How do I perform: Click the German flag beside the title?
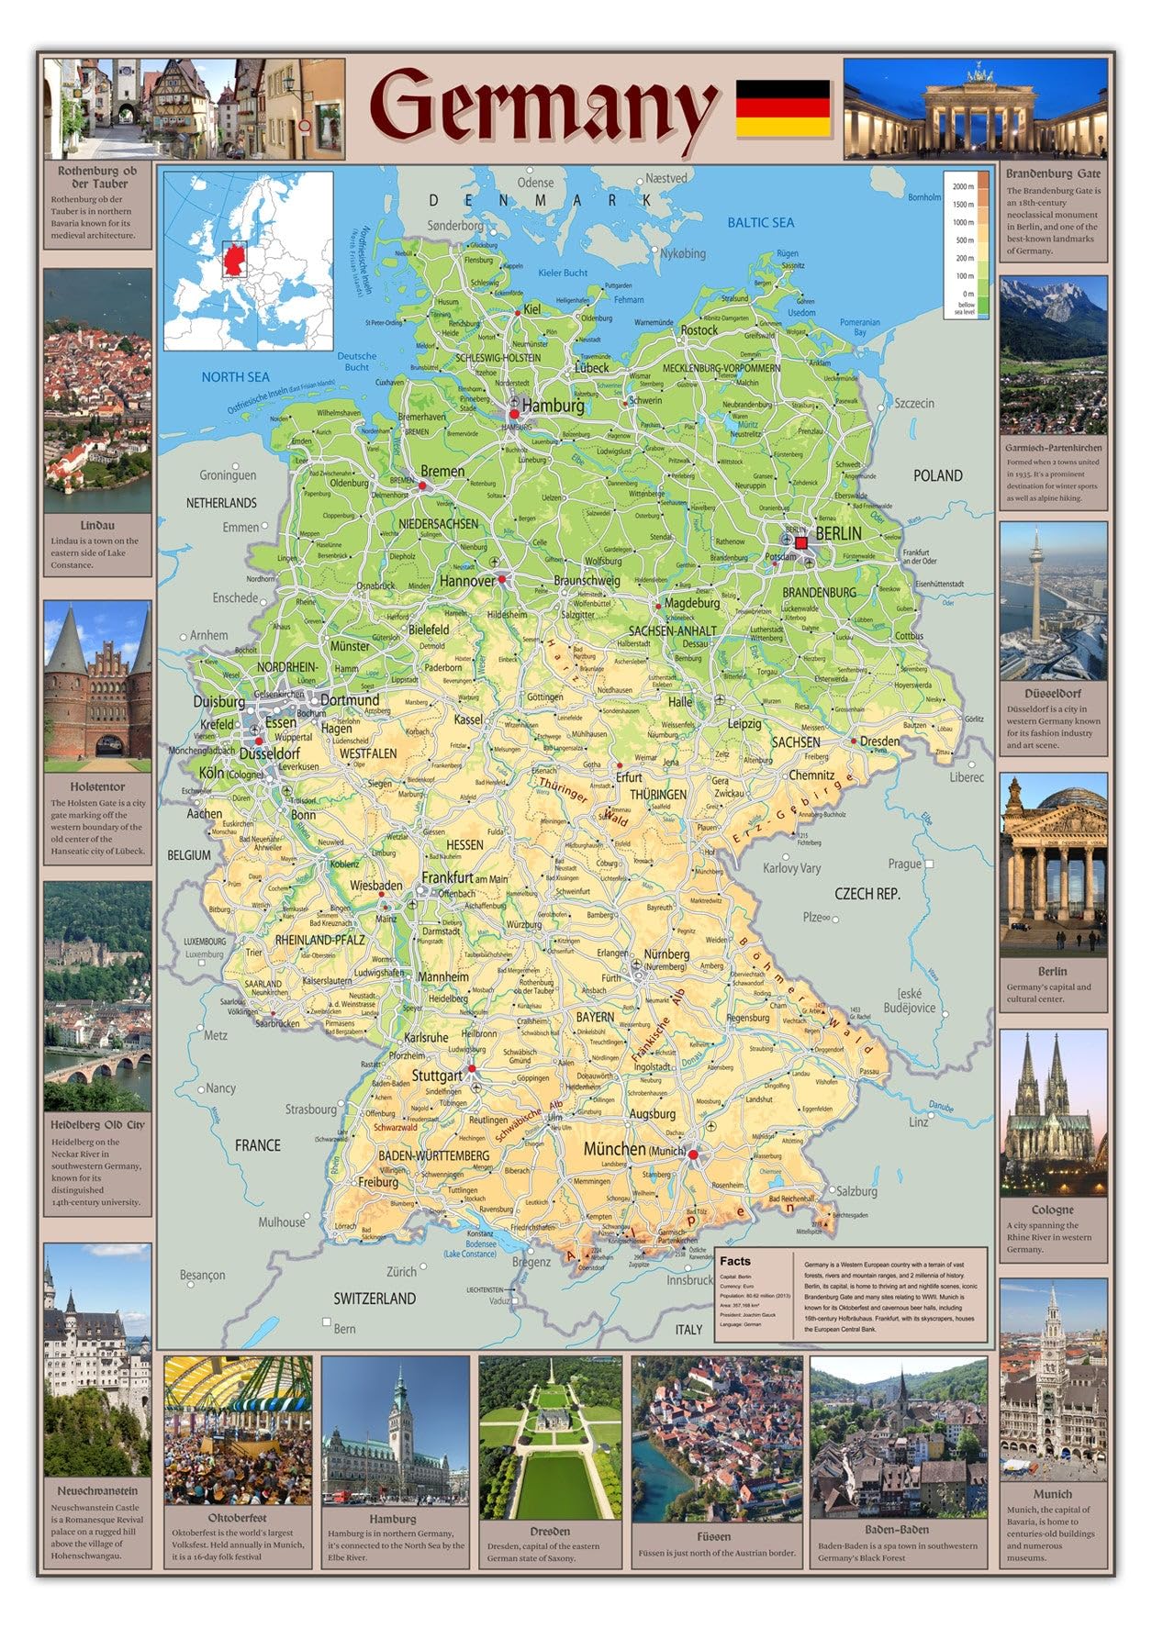(783, 108)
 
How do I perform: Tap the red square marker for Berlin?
(801, 543)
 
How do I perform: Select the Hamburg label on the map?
(554, 406)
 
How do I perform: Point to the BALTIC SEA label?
(760, 222)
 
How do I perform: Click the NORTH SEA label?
(235, 376)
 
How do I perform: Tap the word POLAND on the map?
(937, 475)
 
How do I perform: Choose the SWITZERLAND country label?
(374, 1299)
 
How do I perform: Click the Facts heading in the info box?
(735, 1261)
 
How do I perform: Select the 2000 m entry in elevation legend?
(963, 186)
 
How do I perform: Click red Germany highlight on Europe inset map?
(235, 259)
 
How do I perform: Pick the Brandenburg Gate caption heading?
(1052, 173)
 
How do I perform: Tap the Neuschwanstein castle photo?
(97, 1358)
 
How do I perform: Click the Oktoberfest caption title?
(237, 1517)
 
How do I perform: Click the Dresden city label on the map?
(879, 741)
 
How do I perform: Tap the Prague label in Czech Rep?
(904, 864)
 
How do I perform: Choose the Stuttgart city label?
(437, 1076)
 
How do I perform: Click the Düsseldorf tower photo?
(1053, 601)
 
